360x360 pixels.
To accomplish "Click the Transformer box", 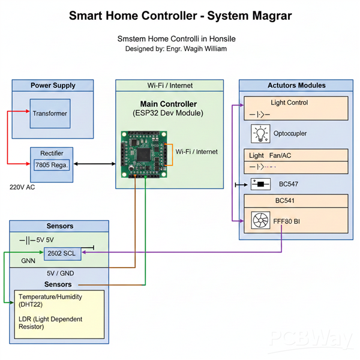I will [x=50, y=113].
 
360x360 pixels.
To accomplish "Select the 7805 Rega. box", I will [x=52, y=165].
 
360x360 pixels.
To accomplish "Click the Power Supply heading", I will [x=53, y=86].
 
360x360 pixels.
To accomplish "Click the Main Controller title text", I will [x=168, y=104].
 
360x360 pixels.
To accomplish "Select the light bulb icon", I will [x=261, y=133].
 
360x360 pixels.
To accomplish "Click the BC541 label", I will [x=288, y=200].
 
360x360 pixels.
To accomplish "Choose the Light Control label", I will [x=289, y=103].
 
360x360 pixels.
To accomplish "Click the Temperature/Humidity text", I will [x=50, y=297].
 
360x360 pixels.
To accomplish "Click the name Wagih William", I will [x=204, y=49].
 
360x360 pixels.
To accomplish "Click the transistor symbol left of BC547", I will [x=260, y=184].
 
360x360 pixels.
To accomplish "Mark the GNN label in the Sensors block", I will [x=28, y=262].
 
